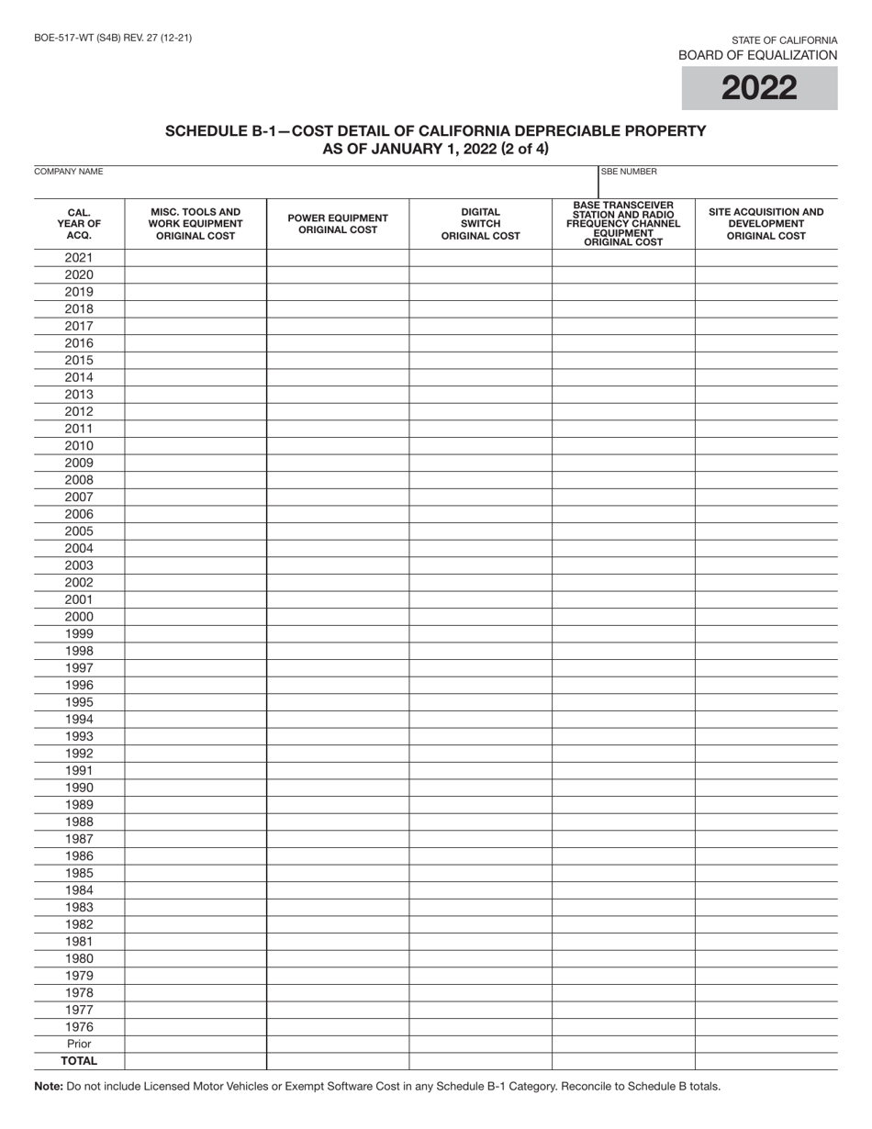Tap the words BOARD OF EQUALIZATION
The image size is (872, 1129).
pos(757,55)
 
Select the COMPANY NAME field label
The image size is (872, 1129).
pos(69,172)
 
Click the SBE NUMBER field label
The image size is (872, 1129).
pos(629,172)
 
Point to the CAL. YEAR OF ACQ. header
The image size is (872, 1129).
pos(79,223)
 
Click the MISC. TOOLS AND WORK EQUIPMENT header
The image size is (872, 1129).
pos(196,223)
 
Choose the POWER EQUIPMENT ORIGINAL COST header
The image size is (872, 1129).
pos(338,223)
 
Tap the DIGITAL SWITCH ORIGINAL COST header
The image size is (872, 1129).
pos(480,223)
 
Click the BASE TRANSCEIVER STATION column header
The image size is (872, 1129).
pos(623,223)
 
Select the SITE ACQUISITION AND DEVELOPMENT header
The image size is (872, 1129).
pos(766,223)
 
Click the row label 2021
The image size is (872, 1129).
pos(79,257)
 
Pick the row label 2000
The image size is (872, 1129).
pos(79,617)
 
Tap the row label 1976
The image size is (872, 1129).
pos(79,1027)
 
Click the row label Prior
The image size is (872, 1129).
pos(79,1045)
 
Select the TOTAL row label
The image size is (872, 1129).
pos(79,1061)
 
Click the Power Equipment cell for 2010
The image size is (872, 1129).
pos(338,445)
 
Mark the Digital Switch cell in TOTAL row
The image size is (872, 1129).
pos(480,1061)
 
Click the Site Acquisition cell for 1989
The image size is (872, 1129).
pos(766,805)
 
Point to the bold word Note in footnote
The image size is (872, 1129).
pos(49,1087)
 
